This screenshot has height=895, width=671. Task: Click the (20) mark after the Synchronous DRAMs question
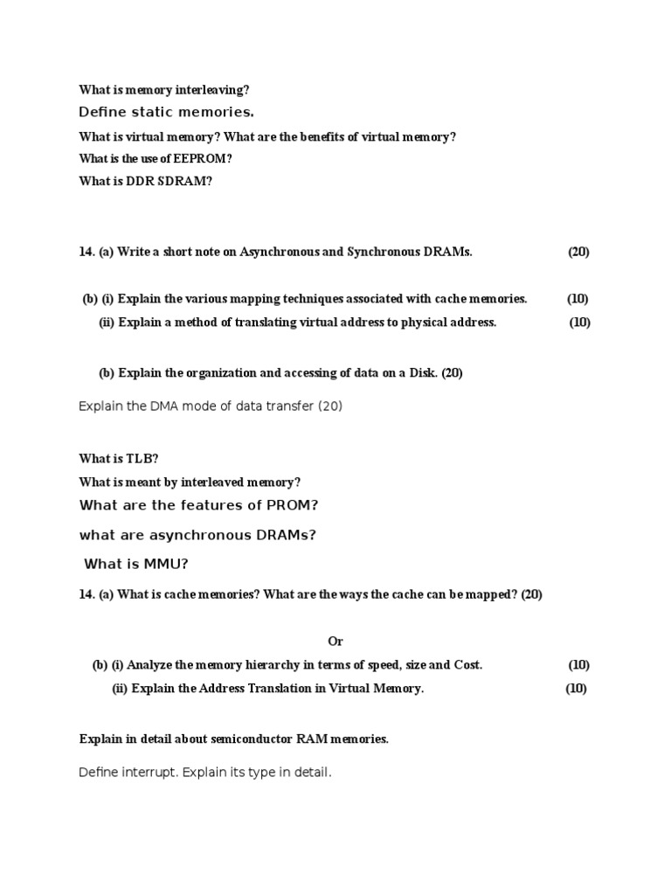pos(578,252)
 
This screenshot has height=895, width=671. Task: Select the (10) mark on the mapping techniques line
pos(578,299)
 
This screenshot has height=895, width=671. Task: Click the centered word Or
pos(336,642)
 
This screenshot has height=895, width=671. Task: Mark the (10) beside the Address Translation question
pos(576,689)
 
